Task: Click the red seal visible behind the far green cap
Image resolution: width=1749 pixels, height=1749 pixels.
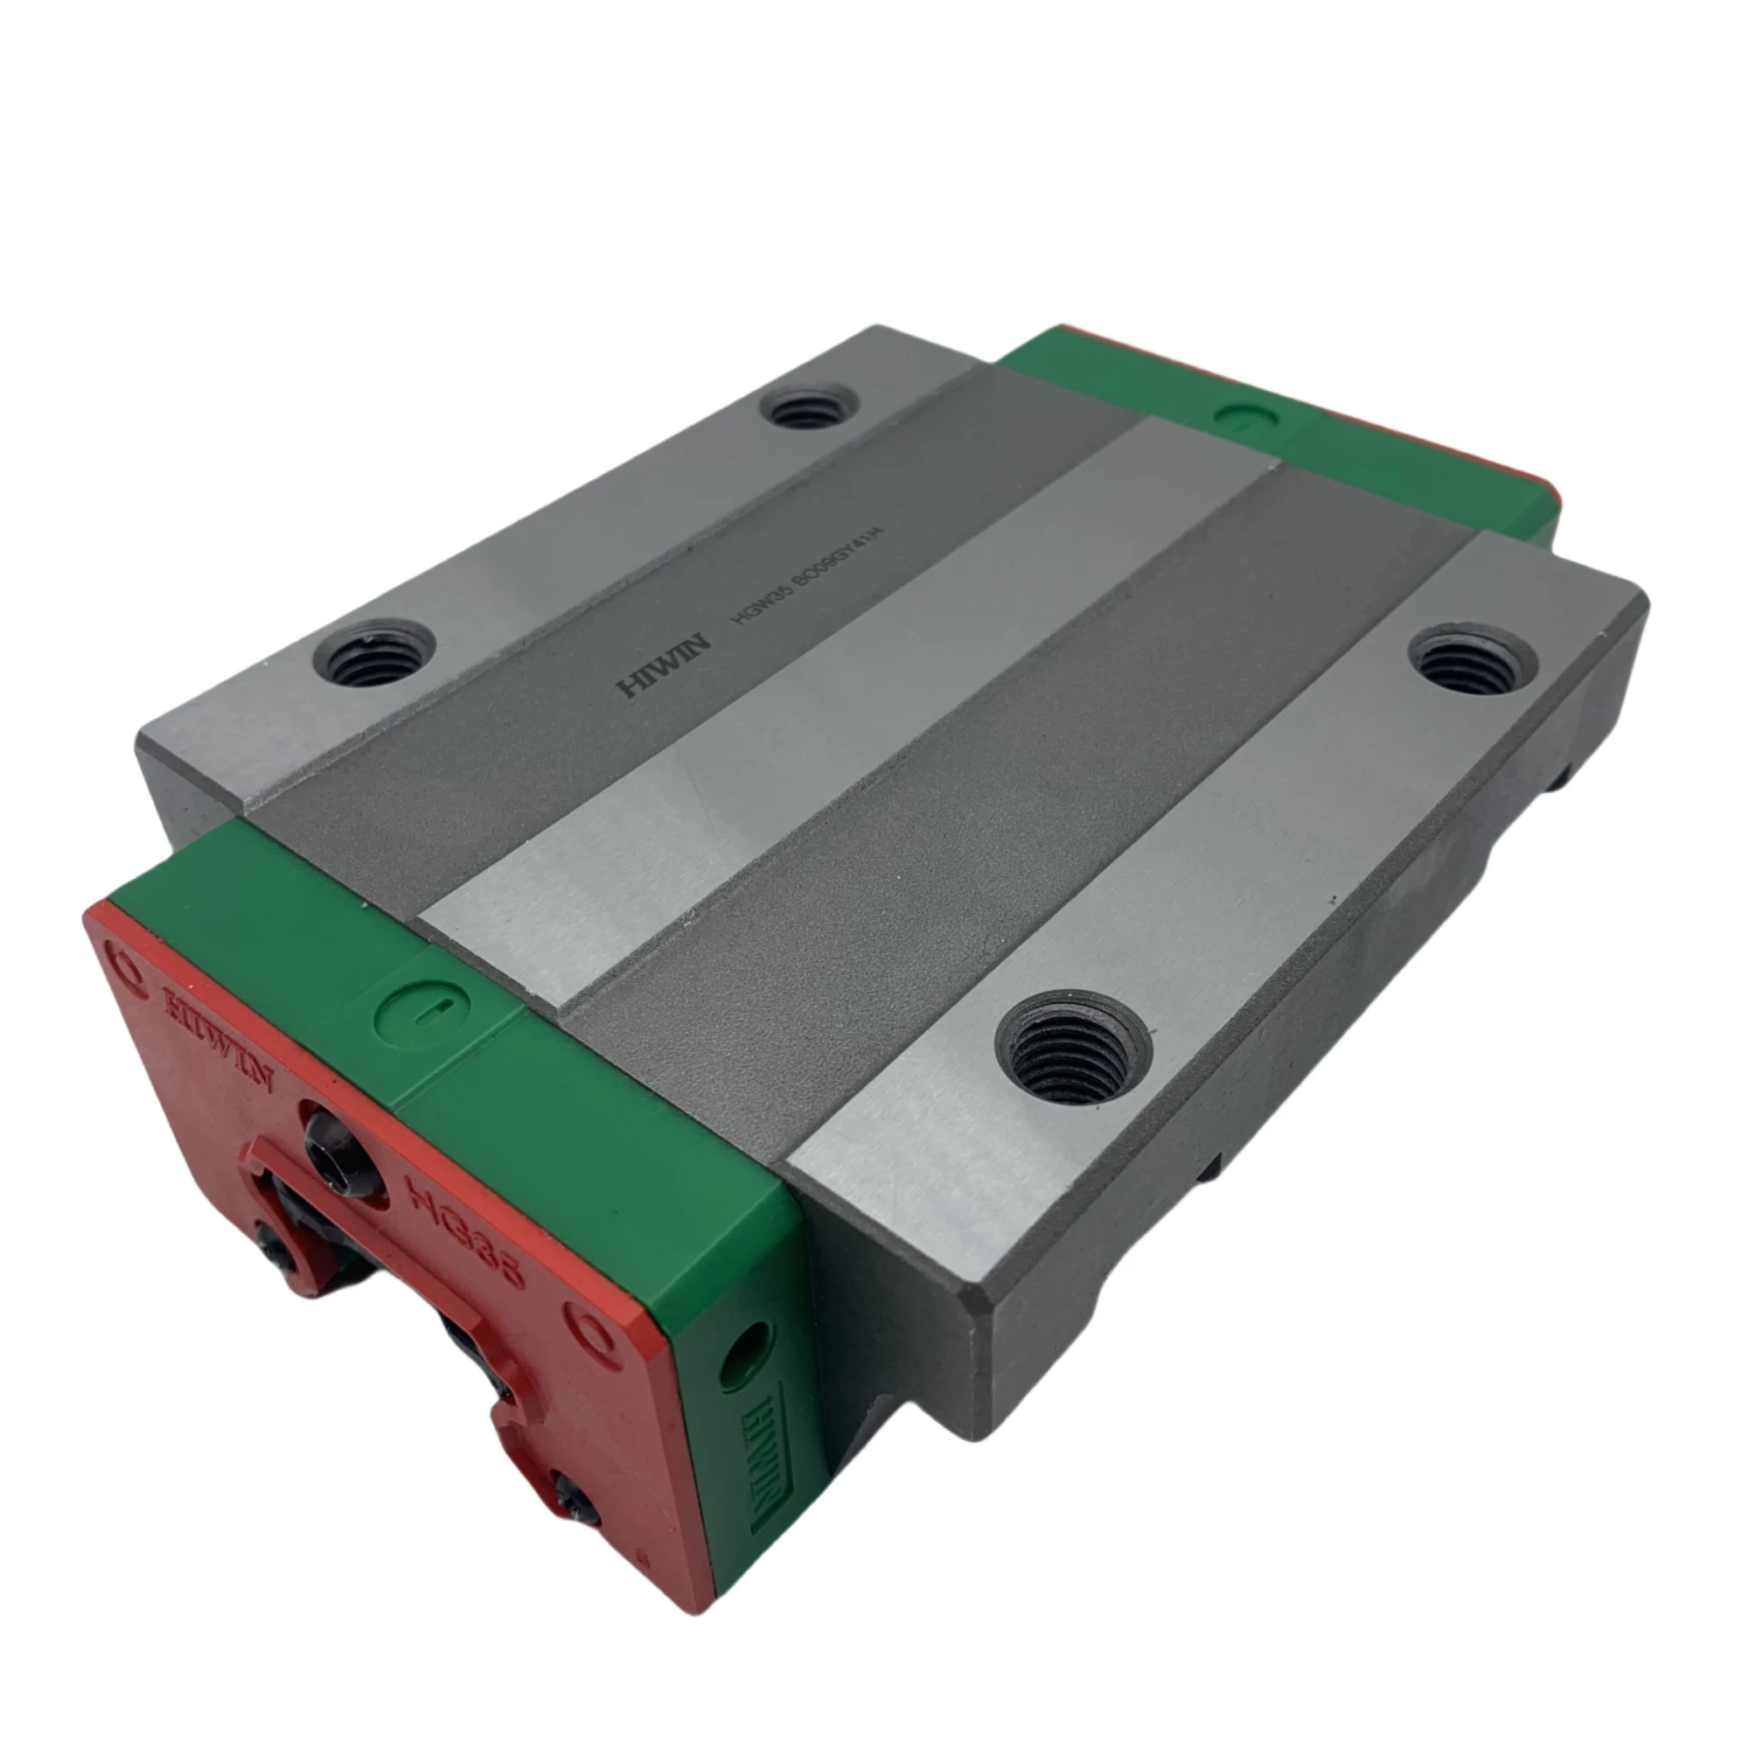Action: click(x=1448, y=452)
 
